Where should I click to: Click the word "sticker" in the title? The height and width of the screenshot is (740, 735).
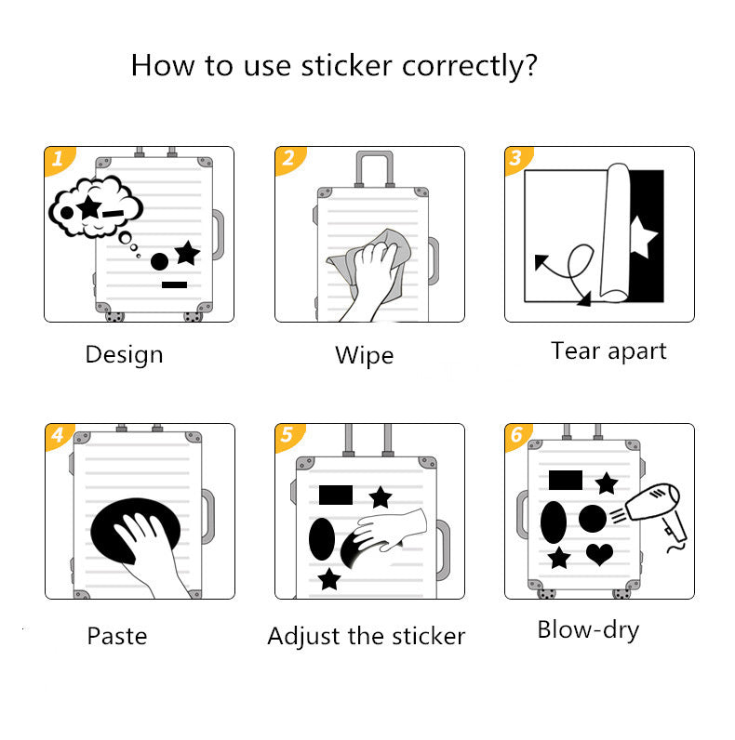click(347, 66)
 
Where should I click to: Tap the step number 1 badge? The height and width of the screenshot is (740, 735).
click(58, 159)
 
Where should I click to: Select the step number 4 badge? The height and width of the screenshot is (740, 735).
click(58, 436)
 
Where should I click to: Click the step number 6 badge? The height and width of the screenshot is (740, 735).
click(517, 436)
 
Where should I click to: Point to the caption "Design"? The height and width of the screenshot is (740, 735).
click(124, 354)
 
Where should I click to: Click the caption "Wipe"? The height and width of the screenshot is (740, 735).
click(364, 355)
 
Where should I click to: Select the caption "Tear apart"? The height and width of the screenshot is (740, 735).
click(608, 350)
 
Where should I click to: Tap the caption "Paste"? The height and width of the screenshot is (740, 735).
click(117, 636)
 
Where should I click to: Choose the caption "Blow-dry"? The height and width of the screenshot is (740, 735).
click(588, 629)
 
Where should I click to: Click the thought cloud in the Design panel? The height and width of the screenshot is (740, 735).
click(87, 205)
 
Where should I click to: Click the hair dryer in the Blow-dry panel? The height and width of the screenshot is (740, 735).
click(658, 510)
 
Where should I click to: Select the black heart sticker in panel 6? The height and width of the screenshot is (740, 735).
click(600, 555)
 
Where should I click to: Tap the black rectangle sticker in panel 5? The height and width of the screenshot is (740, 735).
click(336, 495)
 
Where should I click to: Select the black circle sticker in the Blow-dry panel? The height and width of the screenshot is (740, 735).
click(593, 519)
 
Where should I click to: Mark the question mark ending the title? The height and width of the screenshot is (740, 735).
click(530, 66)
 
